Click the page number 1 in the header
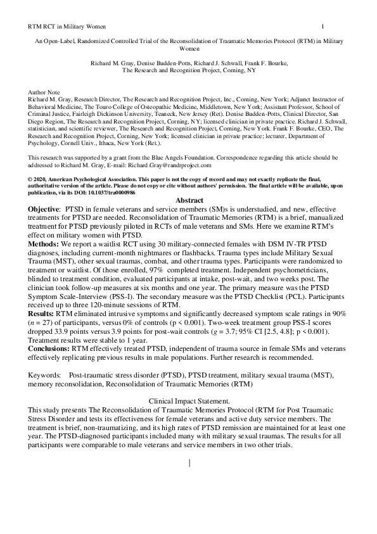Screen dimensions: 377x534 click(323, 26)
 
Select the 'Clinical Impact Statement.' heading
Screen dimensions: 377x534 click(189, 400)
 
